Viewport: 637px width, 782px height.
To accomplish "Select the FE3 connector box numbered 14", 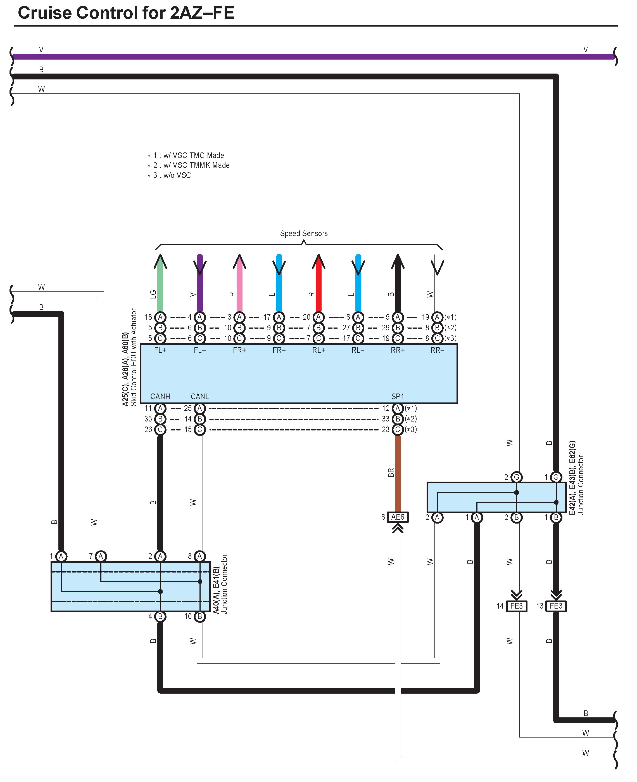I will pos(516,606).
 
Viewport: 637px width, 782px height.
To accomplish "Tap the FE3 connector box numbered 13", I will pos(556,606).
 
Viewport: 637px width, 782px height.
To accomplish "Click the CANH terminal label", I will pos(160,396).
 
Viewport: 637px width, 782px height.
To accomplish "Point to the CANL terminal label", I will pos(199,396).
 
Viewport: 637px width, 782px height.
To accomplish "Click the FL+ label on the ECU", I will pos(160,350).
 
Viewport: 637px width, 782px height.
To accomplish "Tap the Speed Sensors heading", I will pos(303,233).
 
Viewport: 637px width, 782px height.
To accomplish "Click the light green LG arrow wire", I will pos(160,286).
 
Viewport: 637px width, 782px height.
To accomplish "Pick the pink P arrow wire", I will pos(239,286).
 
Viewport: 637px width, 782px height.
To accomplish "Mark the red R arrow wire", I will pos(318,286).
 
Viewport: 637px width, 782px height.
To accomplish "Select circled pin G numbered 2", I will pos(516,477).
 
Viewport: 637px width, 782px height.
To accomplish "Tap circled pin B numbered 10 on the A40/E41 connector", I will pos(199,616).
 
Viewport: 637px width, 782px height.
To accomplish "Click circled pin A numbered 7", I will pos(101,556).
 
